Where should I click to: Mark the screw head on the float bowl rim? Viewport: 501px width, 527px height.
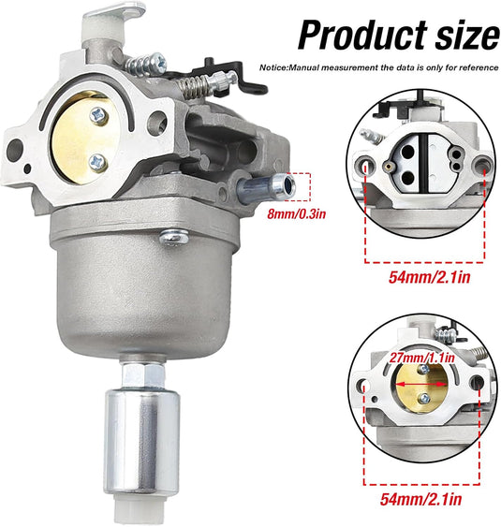coord(171,240)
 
